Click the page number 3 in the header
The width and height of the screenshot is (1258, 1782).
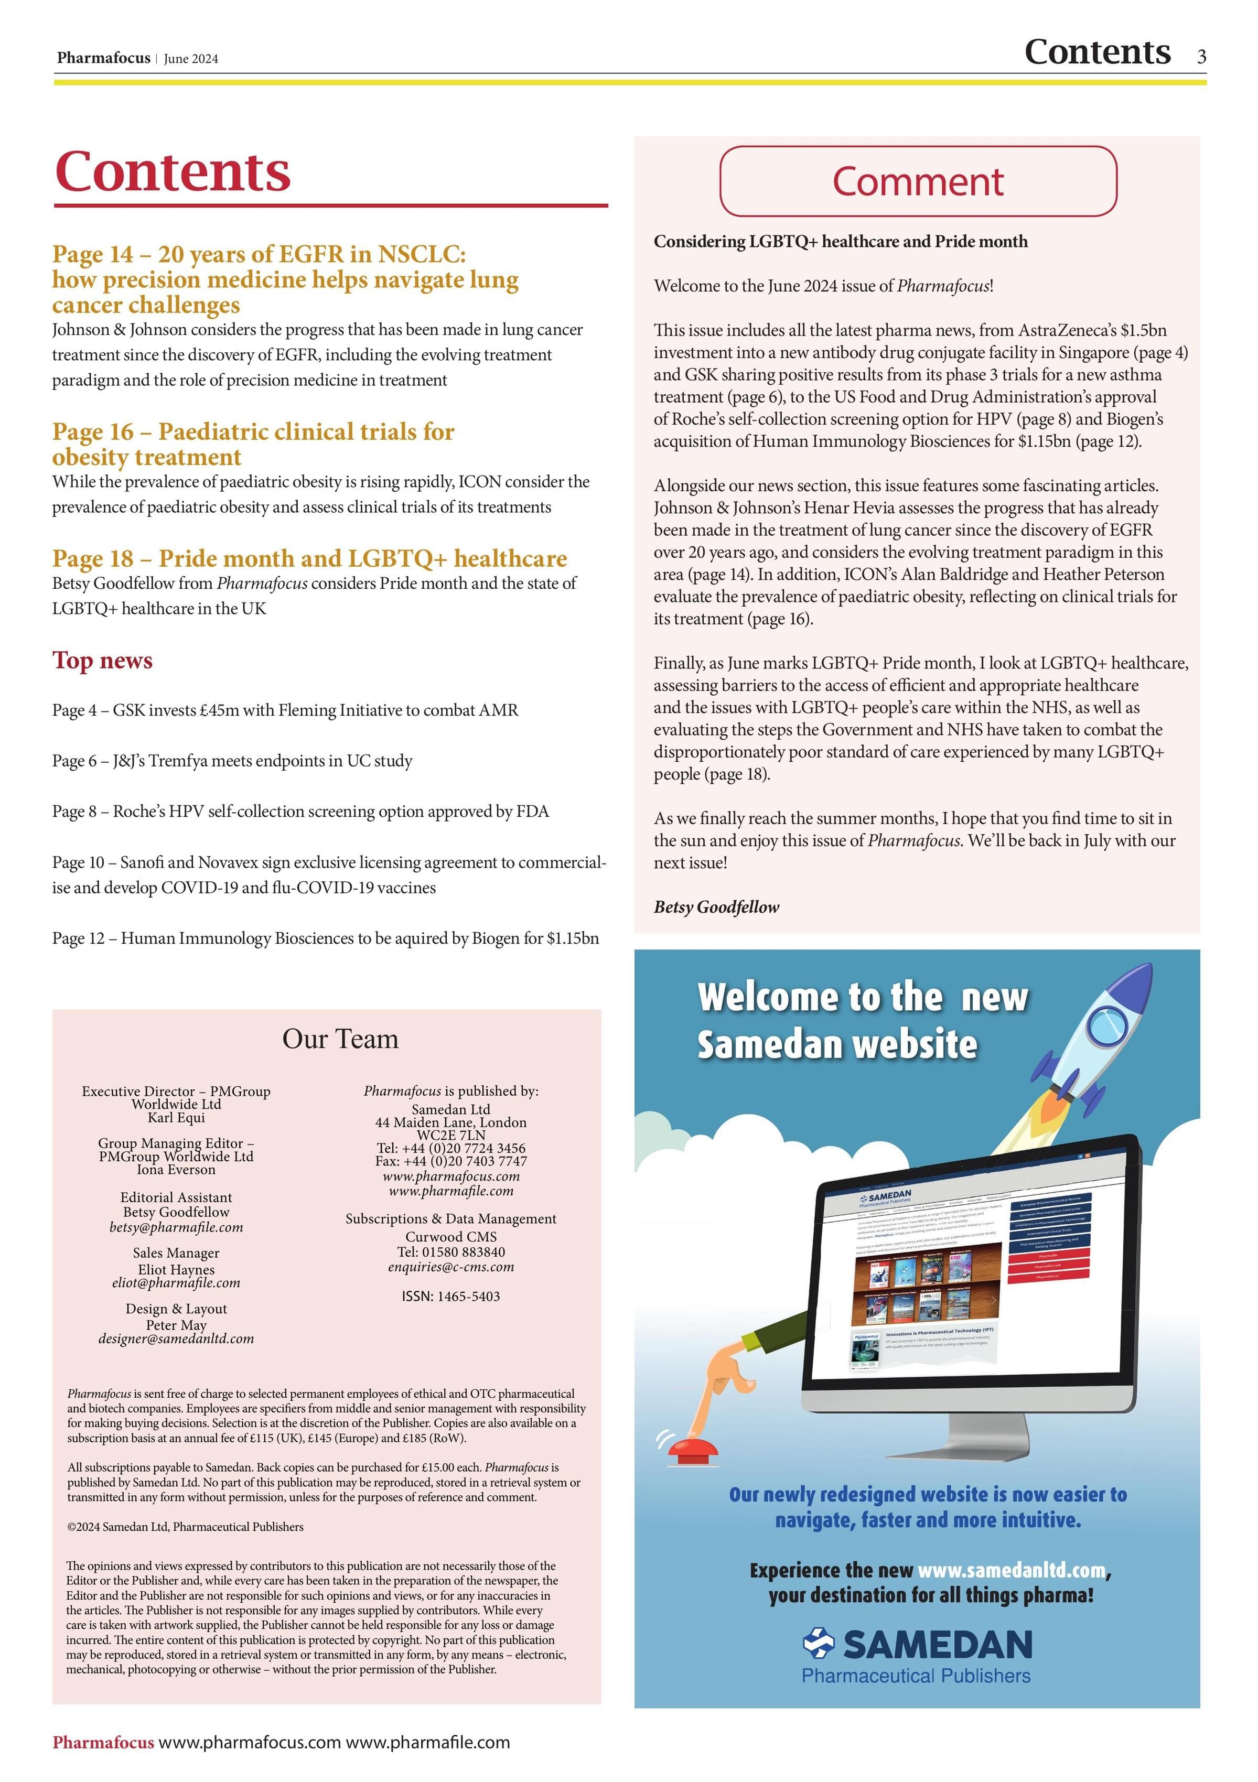1201,56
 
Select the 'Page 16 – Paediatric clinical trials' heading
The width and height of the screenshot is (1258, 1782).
253,443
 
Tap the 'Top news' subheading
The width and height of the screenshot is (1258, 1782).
102,661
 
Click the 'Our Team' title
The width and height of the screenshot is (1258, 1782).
340,1039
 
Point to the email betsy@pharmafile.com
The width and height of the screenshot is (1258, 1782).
176,1227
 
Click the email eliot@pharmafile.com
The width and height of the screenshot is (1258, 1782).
176,1283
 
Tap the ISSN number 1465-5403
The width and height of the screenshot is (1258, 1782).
451,1296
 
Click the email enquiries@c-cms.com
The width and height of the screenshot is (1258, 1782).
451,1267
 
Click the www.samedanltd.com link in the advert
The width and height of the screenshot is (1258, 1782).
1010,1571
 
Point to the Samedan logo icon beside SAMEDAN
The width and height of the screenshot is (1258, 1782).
819,1643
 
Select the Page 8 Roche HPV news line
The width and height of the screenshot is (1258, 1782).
300,812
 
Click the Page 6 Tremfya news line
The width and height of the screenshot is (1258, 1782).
232,761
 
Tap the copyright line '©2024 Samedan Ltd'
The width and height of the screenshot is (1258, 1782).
185,1527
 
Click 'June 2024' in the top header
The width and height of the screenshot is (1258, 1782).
191,59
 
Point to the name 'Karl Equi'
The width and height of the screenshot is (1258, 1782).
176,1118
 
